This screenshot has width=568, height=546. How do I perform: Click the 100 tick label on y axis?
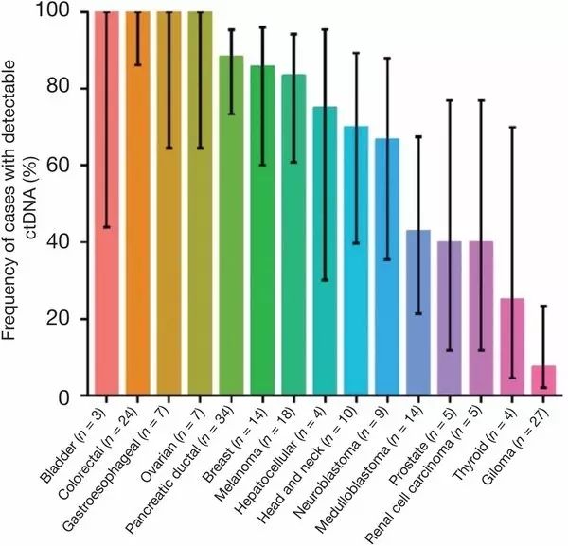[x=65, y=12]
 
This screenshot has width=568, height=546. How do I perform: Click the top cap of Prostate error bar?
[x=450, y=100]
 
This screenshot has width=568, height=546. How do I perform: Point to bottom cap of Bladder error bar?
[x=106, y=227]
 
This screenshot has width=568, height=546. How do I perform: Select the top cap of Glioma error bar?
[x=543, y=306]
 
